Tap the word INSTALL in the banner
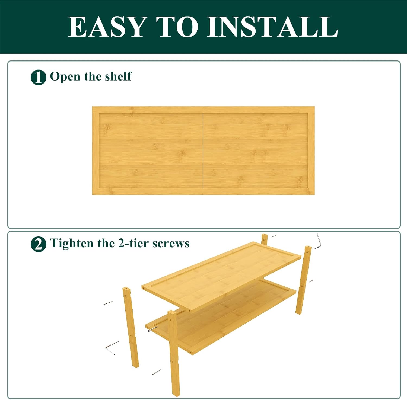point(272,27)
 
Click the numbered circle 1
point(38,78)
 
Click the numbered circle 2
point(38,244)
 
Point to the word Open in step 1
point(65,77)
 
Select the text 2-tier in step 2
point(133,243)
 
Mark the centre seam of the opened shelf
point(203,151)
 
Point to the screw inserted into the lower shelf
point(152,329)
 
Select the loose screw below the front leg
point(157,372)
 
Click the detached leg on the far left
point(131,327)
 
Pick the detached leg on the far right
point(303,280)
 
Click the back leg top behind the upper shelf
point(265,239)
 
